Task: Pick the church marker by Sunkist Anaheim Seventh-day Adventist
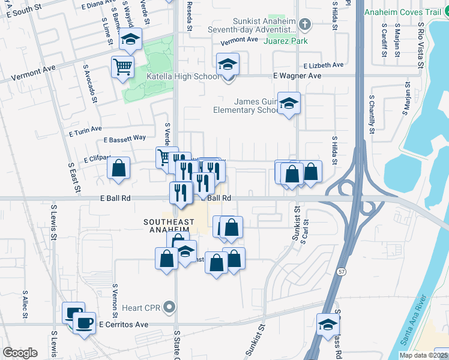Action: click(305, 25)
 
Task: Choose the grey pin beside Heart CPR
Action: click(169, 308)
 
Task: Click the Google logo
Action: click(20, 353)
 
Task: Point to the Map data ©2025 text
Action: click(423, 355)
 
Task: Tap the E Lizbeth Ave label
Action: click(323, 65)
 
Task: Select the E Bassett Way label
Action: click(125, 139)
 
